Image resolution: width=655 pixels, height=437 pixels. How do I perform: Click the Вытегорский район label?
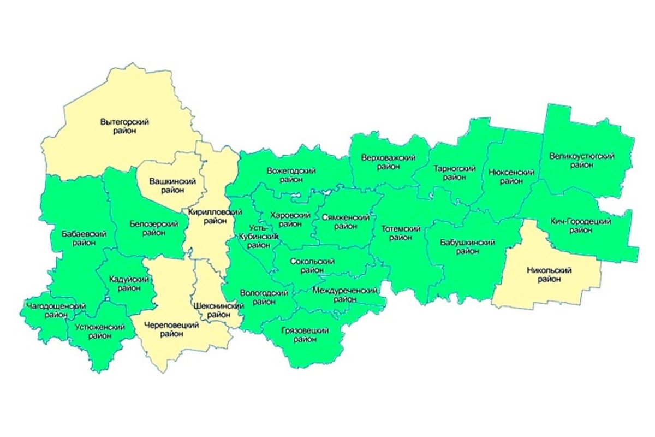tap(125, 126)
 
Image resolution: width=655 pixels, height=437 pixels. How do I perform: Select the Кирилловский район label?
tap(207, 217)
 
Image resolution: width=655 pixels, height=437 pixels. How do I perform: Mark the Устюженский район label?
tap(96, 331)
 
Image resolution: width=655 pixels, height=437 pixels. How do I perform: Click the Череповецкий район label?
tap(171, 329)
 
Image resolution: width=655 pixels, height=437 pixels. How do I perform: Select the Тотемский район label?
tap(401, 233)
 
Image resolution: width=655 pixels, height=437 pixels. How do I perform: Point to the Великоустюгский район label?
tap(582, 161)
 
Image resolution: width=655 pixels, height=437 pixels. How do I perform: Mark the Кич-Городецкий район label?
tap(581, 226)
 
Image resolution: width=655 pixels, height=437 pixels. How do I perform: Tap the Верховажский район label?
tap(388, 162)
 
